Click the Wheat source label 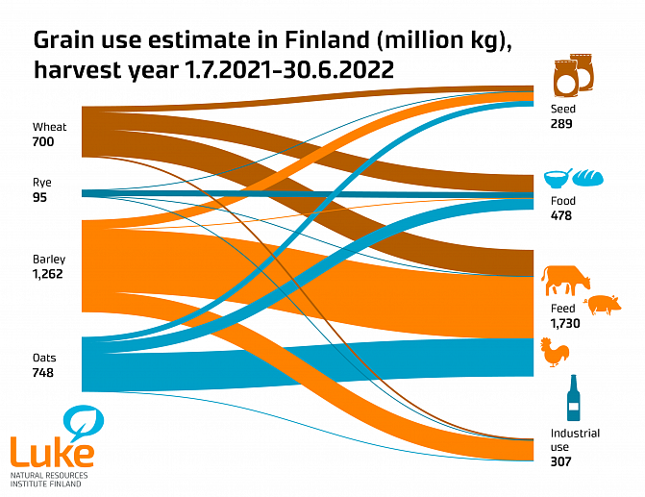50,127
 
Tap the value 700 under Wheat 44,142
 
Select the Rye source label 42,182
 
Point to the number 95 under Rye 39,197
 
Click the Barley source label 49,260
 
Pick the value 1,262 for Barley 50,274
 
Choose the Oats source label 44,359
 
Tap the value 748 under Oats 43,373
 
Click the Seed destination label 563,110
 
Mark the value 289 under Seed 562,124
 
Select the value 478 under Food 561,215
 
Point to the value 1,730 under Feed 564,324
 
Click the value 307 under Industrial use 561,461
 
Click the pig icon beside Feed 604,305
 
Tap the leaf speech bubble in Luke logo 84,422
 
